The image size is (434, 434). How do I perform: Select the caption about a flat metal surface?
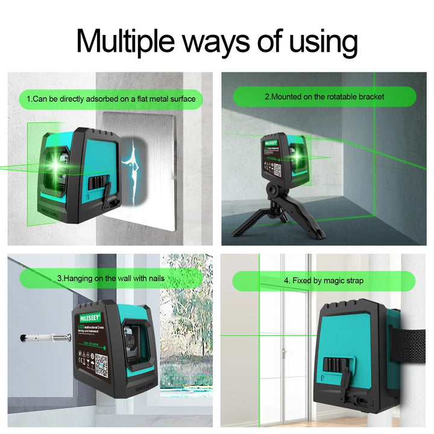coord(111,98)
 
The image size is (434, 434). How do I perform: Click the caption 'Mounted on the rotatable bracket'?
coord(324,96)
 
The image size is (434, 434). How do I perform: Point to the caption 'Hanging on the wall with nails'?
coord(111,278)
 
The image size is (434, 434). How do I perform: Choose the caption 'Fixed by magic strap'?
coord(324,280)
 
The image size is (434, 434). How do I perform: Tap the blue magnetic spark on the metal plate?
coord(132,165)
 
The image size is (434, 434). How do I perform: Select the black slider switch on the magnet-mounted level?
coord(96,182)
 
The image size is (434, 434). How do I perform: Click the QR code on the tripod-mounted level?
coord(277,171)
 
